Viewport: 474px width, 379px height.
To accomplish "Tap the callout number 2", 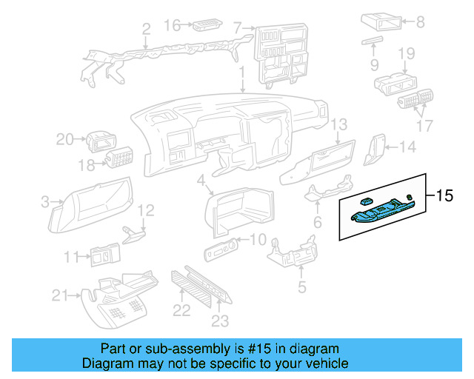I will tap(146, 30).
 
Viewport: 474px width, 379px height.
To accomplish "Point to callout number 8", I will tap(420, 22).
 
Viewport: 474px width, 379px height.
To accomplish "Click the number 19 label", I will tap(406, 53).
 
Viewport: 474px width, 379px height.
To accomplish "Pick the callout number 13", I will tap(338, 124).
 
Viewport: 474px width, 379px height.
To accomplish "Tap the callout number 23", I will tap(220, 321).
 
